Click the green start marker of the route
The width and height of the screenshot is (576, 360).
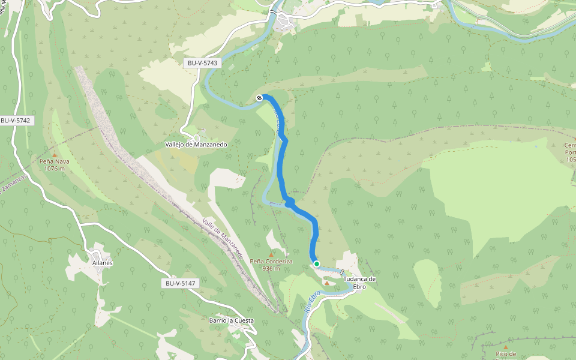[x=316, y=263]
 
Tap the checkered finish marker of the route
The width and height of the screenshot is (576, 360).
[x=259, y=98]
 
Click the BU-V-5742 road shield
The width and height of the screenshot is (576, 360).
[x=15, y=120]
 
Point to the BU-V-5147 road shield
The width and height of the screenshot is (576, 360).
[x=179, y=283]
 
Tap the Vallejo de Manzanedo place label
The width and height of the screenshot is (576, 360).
[x=196, y=145]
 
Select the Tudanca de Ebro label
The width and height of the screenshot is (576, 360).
[x=359, y=283]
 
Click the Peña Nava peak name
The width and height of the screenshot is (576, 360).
[x=54, y=161]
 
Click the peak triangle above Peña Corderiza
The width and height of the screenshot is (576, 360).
[x=271, y=253]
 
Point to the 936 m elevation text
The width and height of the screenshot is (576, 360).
[x=271, y=268]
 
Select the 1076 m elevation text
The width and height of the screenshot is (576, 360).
[x=54, y=168]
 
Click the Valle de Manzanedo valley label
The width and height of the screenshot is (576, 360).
[x=223, y=238]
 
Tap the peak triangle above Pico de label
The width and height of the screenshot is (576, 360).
[x=505, y=346]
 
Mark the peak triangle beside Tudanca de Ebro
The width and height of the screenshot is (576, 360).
[x=326, y=283]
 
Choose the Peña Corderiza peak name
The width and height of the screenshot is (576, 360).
[x=271, y=261]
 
